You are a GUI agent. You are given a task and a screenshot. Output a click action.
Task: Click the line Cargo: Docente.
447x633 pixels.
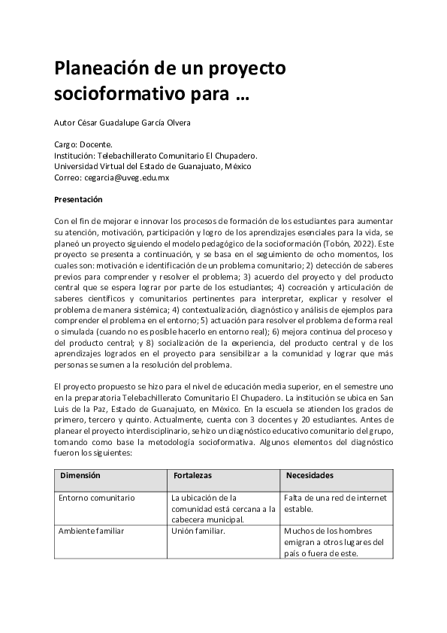[83, 144]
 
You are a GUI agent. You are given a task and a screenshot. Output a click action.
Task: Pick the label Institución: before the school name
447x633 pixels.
[77, 156]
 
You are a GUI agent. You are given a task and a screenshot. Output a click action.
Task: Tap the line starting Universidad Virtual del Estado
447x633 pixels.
[153, 166]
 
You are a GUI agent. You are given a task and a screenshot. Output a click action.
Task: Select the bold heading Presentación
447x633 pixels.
[78, 199]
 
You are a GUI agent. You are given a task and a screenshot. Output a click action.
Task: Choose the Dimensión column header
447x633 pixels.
[80, 476]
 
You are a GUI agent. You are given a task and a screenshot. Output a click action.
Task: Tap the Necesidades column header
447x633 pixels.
[310, 476]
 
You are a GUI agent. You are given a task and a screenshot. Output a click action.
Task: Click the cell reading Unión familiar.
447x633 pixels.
[198, 531]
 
